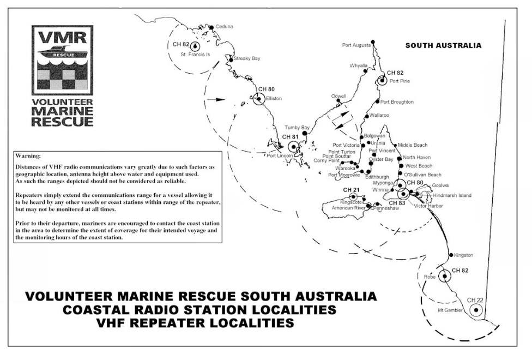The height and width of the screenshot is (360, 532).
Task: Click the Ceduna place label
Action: pyautogui.click(x=224, y=26)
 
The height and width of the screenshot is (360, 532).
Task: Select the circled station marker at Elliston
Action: pyautogui.click(x=258, y=99)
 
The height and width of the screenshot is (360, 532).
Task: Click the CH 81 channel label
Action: pyautogui.click(x=290, y=136)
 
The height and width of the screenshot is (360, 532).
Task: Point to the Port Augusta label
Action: pyautogui.click(x=356, y=45)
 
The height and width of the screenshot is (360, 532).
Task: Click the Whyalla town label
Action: pyautogui.click(x=359, y=66)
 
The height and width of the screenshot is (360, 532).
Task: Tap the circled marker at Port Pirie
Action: pyautogui.click(x=382, y=81)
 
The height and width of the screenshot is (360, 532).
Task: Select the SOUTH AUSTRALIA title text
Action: pyautogui.click(x=443, y=46)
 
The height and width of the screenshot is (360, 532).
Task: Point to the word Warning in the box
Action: pyautogui.click(x=28, y=156)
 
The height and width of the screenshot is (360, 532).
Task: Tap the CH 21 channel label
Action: pyautogui.click(x=351, y=190)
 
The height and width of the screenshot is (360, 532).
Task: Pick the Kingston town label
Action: pyautogui.click(x=463, y=255)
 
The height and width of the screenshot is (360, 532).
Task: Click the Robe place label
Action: pyautogui.click(x=430, y=277)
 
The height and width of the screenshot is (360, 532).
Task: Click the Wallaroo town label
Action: pyautogui.click(x=379, y=115)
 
